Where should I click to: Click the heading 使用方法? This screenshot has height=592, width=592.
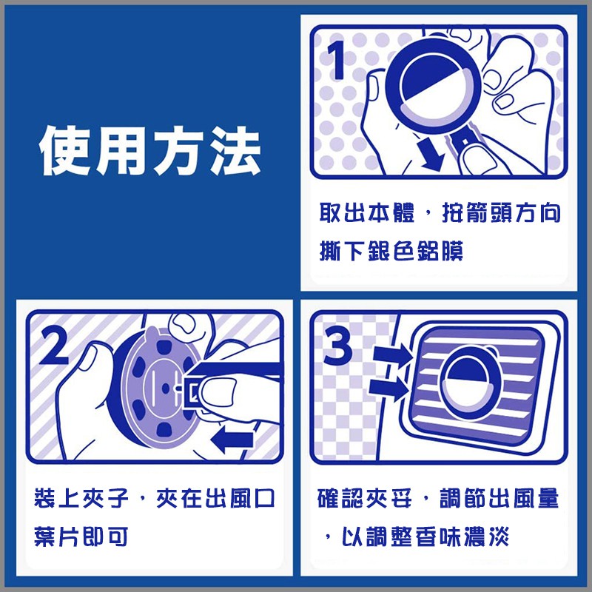click(x=150, y=150)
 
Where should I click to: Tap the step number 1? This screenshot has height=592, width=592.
click(x=336, y=61)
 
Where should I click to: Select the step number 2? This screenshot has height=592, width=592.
click(x=53, y=346)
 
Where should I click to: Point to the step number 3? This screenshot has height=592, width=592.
click(x=337, y=346)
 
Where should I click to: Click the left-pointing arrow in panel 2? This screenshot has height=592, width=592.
click(x=232, y=439)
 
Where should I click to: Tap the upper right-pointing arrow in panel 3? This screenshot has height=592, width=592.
click(x=393, y=356)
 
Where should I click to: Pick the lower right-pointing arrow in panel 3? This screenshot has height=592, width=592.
click(x=389, y=388)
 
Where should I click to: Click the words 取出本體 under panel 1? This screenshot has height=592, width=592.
click(x=366, y=212)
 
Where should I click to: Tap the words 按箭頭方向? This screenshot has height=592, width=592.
click(x=501, y=212)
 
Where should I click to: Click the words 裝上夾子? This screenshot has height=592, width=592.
click(x=81, y=498)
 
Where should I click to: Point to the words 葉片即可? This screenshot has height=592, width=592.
click(x=81, y=536)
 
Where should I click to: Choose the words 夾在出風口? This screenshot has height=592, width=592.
click(x=215, y=498)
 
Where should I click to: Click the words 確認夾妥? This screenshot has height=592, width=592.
click(x=364, y=498)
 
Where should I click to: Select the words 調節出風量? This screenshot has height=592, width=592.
click(x=499, y=498)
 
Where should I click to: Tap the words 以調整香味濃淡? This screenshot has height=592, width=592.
click(x=425, y=536)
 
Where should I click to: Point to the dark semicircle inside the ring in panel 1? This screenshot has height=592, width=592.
click(x=430, y=78)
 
